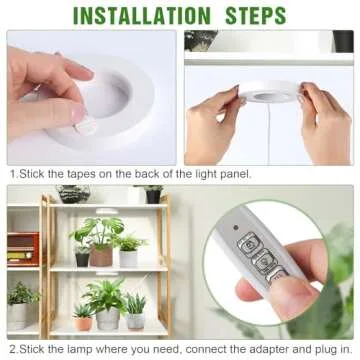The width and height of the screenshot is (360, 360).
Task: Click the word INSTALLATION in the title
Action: [143, 15]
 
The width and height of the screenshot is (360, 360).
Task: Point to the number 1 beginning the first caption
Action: [12, 175]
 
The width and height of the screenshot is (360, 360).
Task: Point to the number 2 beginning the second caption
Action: [12, 350]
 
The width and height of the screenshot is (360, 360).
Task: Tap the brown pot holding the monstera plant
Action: [101, 257]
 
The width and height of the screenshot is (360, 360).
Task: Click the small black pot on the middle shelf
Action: [82, 259]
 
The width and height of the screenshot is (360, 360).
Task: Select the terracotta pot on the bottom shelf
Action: [84, 323]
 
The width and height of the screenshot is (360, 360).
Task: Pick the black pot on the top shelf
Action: [154, 197]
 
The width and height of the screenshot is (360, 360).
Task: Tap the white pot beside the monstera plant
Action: [128, 258]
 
